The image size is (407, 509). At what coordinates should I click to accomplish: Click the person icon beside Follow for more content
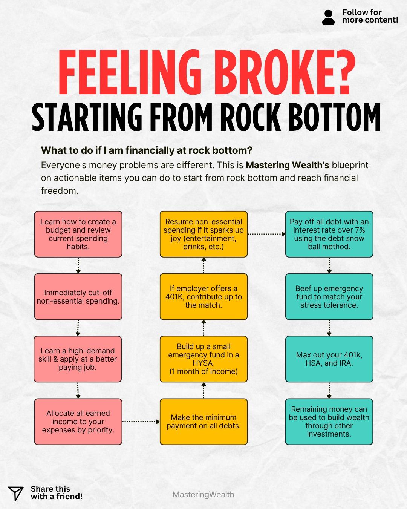(328, 17)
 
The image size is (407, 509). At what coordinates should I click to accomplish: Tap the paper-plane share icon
(15, 493)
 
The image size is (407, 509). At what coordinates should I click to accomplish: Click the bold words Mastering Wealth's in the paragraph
(287, 165)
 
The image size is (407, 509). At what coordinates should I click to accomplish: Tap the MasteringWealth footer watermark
(203, 494)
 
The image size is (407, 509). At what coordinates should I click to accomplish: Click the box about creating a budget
(78, 234)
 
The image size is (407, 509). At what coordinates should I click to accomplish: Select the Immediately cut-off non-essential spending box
(78, 297)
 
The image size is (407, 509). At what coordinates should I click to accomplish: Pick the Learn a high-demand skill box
(78, 359)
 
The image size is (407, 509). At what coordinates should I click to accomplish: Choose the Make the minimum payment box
(203, 422)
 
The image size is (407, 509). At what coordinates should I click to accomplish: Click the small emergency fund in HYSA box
(203, 359)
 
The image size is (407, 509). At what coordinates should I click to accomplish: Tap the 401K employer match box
(203, 297)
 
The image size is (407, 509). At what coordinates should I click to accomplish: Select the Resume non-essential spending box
(203, 234)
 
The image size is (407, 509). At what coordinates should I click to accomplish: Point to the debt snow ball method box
(329, 234)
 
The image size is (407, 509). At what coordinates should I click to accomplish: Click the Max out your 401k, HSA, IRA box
(329, 359)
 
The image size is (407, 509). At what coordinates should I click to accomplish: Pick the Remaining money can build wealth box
(329, 422)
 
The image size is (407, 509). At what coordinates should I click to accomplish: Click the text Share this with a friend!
(57, 493)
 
